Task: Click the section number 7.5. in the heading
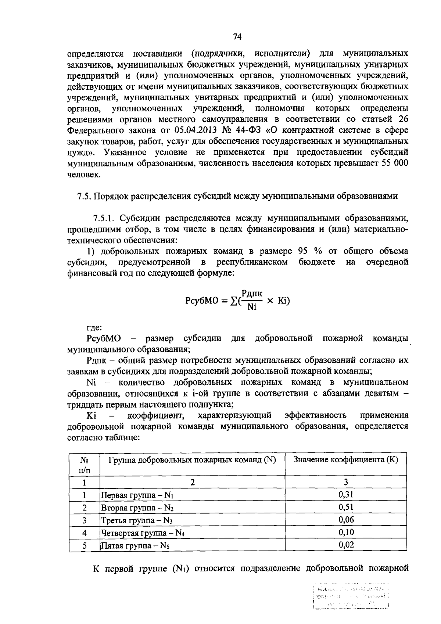tap(84, 196)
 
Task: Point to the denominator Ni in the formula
tap(252, 307)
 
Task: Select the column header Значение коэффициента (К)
tap(346, 460)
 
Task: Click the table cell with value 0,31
tap(346, 494)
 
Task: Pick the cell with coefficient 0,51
tap(346, 507)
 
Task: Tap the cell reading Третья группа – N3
tap(137, 520)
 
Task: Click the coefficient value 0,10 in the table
tap(346, 532)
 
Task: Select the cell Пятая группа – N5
tap(135, 545)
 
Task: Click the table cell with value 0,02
tap(346, 545)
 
